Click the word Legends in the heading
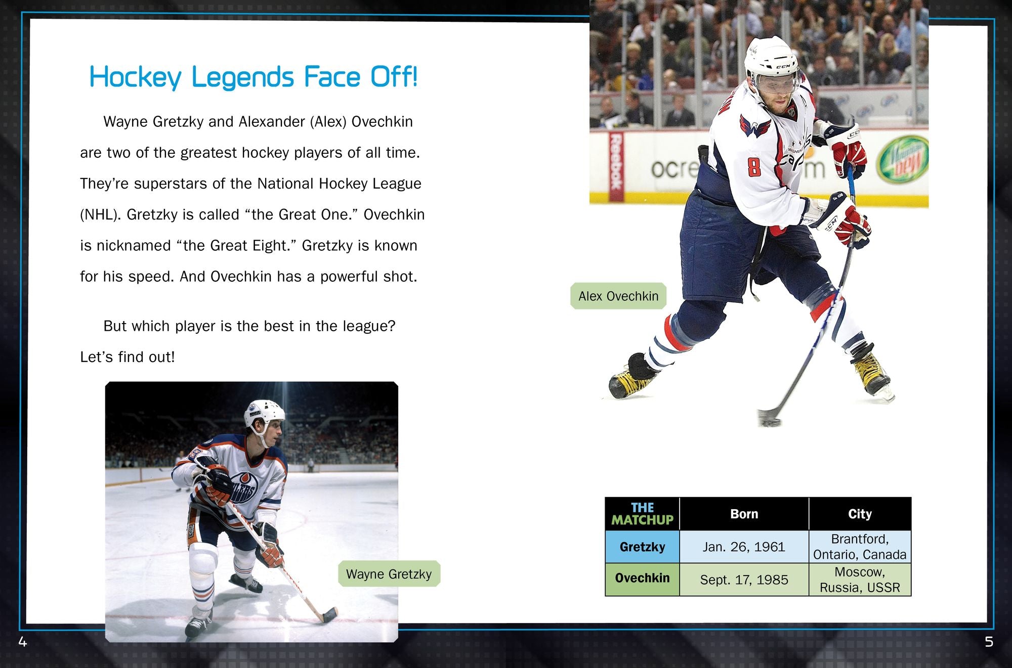pyautogui.click(x=242, y=77)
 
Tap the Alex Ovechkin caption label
pyautogui.click(x=618, y=296)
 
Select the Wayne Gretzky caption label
pyautogui.click(x=389, y=574)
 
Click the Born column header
pyautogui.click(x=744, y=514)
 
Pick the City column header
pyautogui.click(x=860, y=514)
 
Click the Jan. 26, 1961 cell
pyautogui.click(x=744, y=547)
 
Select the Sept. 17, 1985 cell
pyautogui.click(x=744, y=580)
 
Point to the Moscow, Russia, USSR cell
pyautogui.click(x=860, y=580)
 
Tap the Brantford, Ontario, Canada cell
pyautogui.click(x=860, y=547)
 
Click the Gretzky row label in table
pyautogui.click(x=642, y=547)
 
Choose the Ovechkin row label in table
pyautogui.click(x=642, y=578)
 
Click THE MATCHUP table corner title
pyautogui.click(x=642, y=514)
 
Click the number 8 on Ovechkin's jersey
pyautogui.click(x=754, y=167)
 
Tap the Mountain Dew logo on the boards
pyautogui.click(x=904, y=160)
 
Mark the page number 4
pyautogui.click(x=22, y=642)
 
